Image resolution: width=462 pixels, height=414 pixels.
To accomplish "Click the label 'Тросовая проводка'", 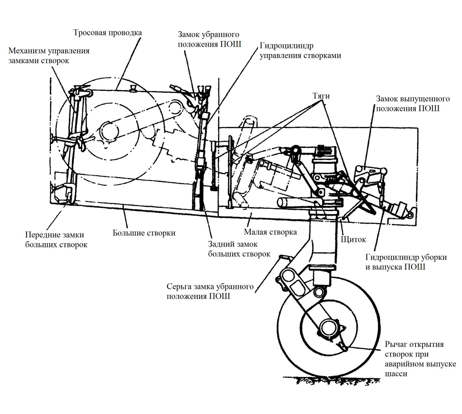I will (107, 33).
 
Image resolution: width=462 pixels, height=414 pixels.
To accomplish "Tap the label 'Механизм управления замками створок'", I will (49, 56).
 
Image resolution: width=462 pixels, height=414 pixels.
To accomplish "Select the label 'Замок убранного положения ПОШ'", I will (209, 39).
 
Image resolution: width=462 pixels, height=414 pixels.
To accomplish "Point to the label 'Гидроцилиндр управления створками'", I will (300, 50).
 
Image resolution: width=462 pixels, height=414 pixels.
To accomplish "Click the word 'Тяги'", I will (321, 96).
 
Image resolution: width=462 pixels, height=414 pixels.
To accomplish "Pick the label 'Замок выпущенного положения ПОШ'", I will (412, 104).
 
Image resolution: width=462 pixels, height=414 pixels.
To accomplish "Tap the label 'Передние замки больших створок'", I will (56, 240).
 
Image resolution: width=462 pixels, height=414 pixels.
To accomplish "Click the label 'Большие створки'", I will (144, 233).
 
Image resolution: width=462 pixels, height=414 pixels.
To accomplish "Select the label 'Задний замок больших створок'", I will (239, 249).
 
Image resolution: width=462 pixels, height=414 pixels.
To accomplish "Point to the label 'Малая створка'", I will (270, 232).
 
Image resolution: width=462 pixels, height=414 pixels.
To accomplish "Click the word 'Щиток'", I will (353, 239).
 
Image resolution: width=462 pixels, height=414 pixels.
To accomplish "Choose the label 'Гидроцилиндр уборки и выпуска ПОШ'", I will (406, 262).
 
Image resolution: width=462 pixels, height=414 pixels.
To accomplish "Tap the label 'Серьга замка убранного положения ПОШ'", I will (210, 291).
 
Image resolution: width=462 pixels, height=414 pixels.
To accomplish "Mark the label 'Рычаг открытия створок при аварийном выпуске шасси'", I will (420, 359).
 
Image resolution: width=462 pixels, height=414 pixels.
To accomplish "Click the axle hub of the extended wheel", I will (328, 328).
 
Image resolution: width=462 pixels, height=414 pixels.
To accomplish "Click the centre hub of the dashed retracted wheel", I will (110, 130).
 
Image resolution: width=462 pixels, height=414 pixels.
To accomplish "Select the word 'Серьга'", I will (179, 287).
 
